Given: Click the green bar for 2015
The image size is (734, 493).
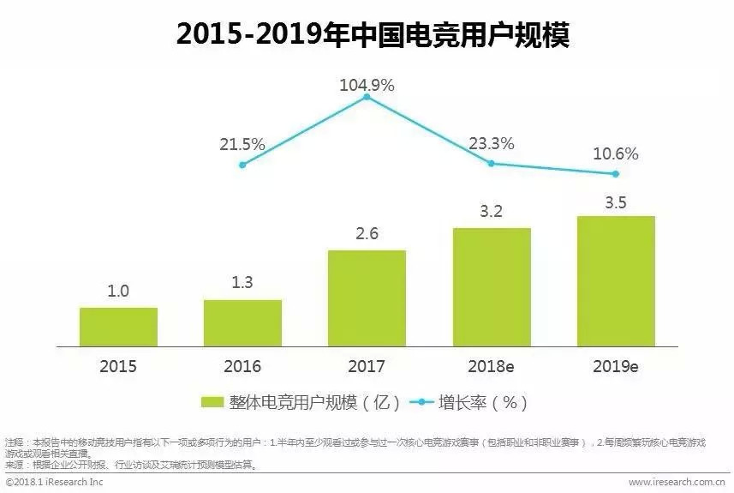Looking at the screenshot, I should tap(118, 326).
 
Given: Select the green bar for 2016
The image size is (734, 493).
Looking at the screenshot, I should tap(242, 322).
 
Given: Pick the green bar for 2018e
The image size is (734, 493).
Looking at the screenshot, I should tap(492, 286).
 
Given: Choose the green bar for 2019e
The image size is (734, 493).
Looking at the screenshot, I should tap(616, 280).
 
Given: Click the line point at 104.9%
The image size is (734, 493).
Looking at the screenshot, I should tap(367, 97).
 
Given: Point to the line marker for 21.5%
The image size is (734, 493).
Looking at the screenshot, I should tap(242, 165).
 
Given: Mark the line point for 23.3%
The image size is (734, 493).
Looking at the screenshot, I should tap(492, 163).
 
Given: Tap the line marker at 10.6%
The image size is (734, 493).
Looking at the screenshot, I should tap(616, 173).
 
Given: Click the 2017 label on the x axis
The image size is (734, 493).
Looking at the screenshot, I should tap(367, 366).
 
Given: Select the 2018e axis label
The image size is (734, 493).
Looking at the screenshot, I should tap(492, 366).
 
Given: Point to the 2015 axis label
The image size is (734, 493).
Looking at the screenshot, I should tap(118, 366).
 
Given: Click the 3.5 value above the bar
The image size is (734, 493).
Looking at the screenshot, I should tap(616, 202).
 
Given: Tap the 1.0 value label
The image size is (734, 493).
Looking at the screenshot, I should tap(118, 292).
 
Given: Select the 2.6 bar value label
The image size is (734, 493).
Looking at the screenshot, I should tap(367, 235).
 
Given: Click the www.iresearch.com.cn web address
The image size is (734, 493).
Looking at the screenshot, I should tap(677, 483).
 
